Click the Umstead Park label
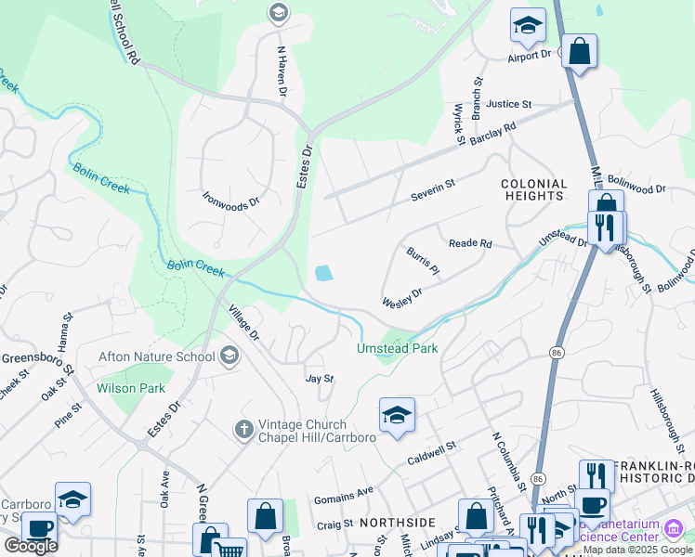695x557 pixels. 397,349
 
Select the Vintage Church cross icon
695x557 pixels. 243,429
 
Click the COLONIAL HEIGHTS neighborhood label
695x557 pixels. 533,190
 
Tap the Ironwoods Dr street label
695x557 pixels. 230,200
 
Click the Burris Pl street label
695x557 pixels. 421,262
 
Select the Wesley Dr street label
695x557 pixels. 402,298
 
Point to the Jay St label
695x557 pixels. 320,379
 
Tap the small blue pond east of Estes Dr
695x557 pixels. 323,273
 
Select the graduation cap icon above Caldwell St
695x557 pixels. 397,415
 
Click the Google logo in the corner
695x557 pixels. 31,546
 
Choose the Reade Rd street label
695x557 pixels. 469,243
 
